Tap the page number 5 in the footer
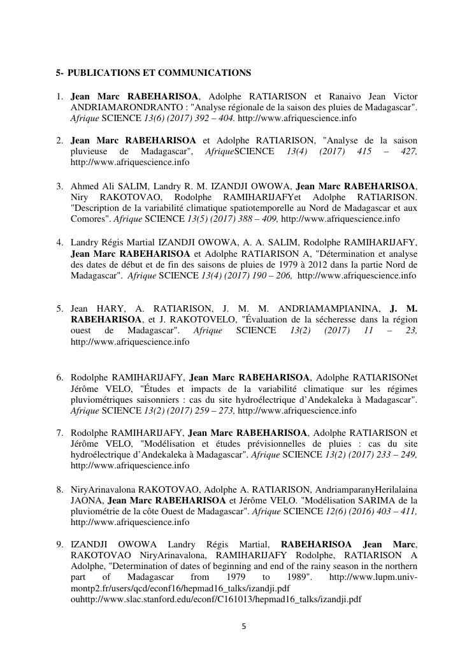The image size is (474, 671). (x=243, y=626)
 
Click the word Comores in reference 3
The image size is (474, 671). (x=91, y=219)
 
